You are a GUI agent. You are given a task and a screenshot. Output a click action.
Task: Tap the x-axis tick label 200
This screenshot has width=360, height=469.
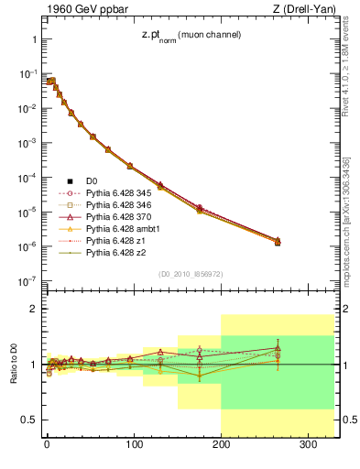[221, 445]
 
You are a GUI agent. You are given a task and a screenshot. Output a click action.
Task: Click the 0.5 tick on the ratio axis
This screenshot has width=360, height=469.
[27, 420]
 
